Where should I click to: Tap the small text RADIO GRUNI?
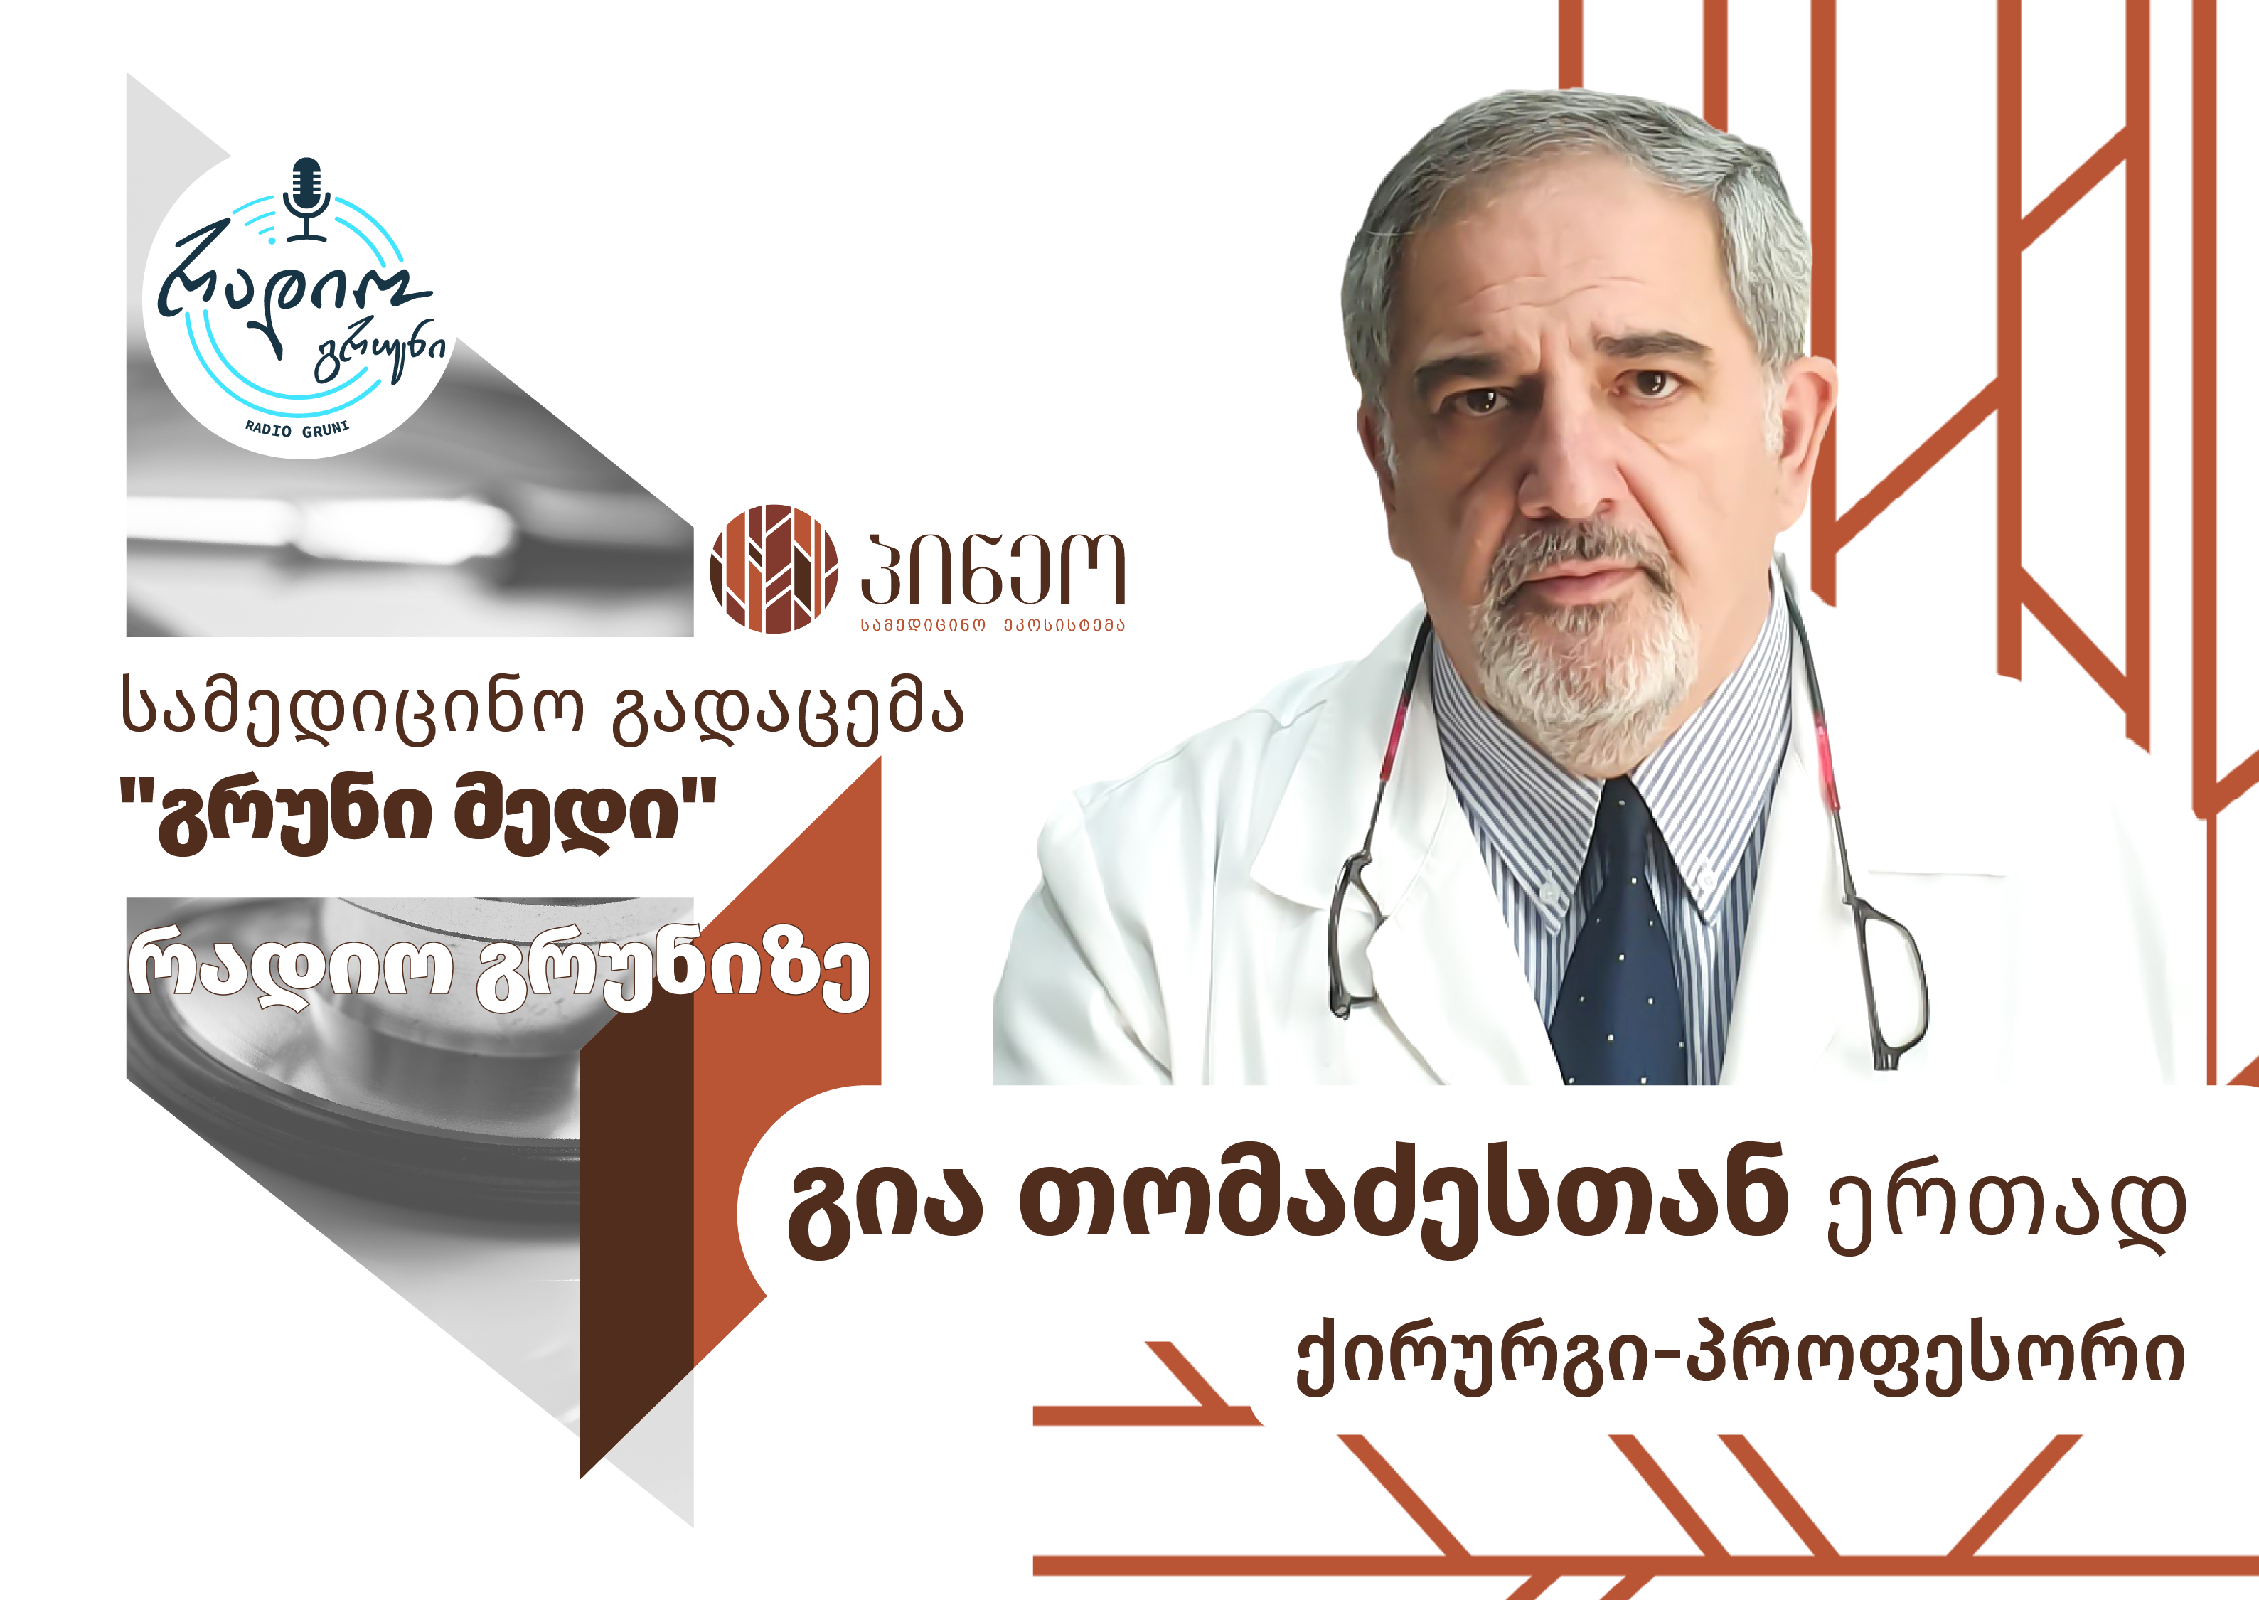297,430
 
